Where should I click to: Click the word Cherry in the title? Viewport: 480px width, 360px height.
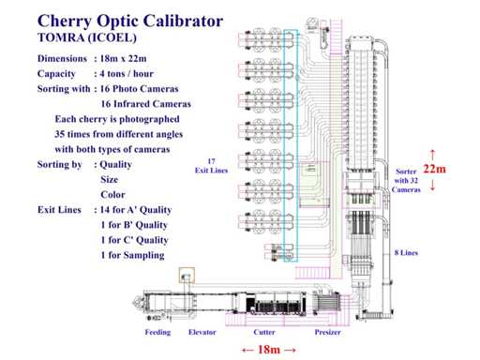65,22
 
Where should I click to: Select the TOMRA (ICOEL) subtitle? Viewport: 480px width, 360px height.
87,37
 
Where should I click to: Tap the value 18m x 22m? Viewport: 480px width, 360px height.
123,58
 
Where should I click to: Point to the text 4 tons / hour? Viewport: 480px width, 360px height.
127,74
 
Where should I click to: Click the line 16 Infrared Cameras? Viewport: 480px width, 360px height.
145,104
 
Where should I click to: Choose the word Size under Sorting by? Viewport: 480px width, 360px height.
110,179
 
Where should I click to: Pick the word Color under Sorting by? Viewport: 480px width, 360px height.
112,194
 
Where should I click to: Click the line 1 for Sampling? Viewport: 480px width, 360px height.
132,255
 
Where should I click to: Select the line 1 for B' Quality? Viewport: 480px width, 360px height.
134,225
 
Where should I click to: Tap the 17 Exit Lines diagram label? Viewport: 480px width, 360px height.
211,166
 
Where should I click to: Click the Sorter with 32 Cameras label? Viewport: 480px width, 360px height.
406,181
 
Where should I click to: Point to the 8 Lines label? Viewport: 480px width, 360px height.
406,252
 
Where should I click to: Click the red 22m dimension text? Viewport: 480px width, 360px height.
434,169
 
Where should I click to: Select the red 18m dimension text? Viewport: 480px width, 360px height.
269,350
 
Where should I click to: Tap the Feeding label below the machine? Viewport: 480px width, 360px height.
157,333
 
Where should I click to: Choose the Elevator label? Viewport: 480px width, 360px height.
202,332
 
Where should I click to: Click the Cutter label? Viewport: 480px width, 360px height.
264,332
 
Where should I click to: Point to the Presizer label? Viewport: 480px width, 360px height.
327,332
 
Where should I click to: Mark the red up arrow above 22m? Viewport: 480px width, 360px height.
433,155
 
